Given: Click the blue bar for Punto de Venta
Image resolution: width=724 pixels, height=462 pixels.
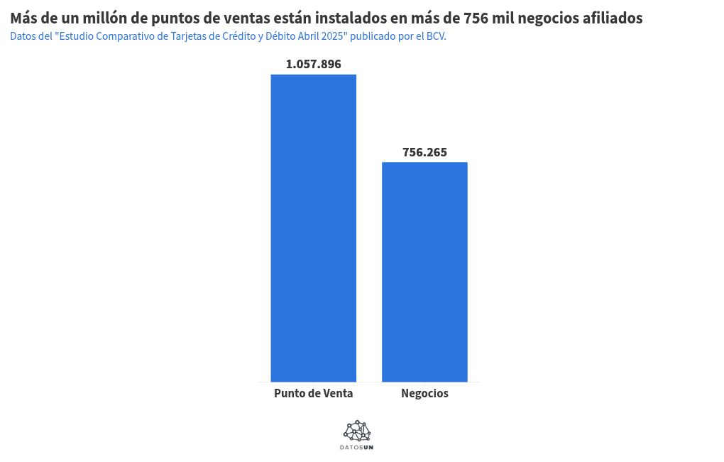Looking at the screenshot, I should pyautogui.click(x=313, y=227).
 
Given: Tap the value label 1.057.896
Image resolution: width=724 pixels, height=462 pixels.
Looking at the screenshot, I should pyautogui.click(x=313, y=64).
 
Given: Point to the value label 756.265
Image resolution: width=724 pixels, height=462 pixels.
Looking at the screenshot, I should pyautogui.click(x=424, y=152).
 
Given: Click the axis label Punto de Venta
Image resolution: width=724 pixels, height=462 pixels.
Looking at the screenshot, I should pyautogui.click(x=313, y=393).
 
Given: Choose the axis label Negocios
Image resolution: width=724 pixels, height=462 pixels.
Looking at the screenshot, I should pyautogui.click(x=424, y=393).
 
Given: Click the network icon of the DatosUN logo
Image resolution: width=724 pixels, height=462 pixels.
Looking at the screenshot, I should pyautogui.click(x=356, y=431).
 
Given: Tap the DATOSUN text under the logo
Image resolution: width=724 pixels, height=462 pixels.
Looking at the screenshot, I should pyautogui.click(x=356, y=448).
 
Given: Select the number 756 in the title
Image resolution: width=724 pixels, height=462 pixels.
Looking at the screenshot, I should pyautogui.click(x=477, y=18).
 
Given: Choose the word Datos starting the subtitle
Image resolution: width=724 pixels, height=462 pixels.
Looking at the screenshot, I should pyautogui.click(x=23, y=36).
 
